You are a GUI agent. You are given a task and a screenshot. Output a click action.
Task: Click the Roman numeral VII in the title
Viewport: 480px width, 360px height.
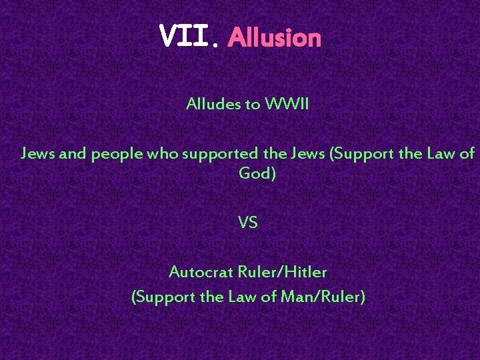[x=185, y=37]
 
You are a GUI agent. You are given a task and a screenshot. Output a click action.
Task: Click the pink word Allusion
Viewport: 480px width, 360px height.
[x=274, y=38]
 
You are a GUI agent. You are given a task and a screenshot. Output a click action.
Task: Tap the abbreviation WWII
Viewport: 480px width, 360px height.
[x=287, y=104]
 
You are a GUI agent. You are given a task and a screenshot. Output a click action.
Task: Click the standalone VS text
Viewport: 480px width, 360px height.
[x=247, y=223]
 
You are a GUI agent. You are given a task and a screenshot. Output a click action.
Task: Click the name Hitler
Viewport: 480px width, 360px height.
[x=305, y=272]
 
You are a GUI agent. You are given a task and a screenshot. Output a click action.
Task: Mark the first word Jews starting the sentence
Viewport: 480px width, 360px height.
[x=38, y=154]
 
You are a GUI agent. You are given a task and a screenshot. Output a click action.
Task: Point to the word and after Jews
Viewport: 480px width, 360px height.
[x=73, y=154]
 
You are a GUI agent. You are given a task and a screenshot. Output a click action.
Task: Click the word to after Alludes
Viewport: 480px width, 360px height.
[x=253, y=104]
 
